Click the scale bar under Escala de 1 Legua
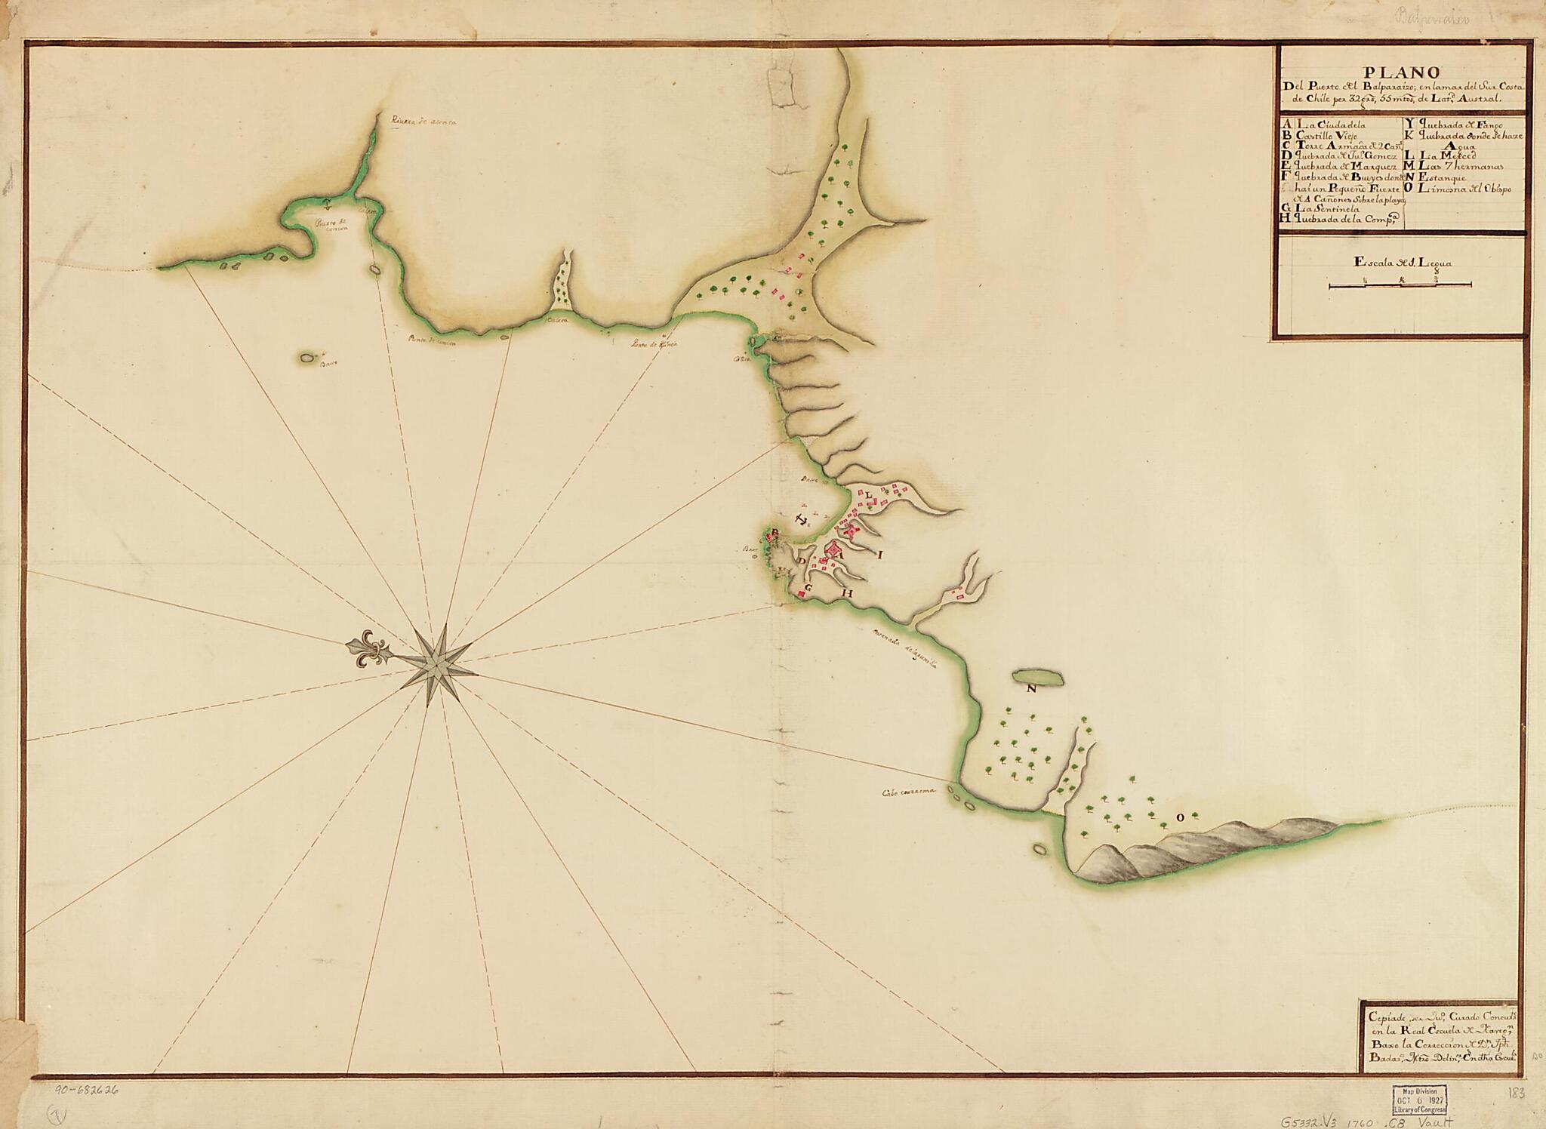(x=1400, y=285)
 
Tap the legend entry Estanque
(x=1439, y=177)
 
